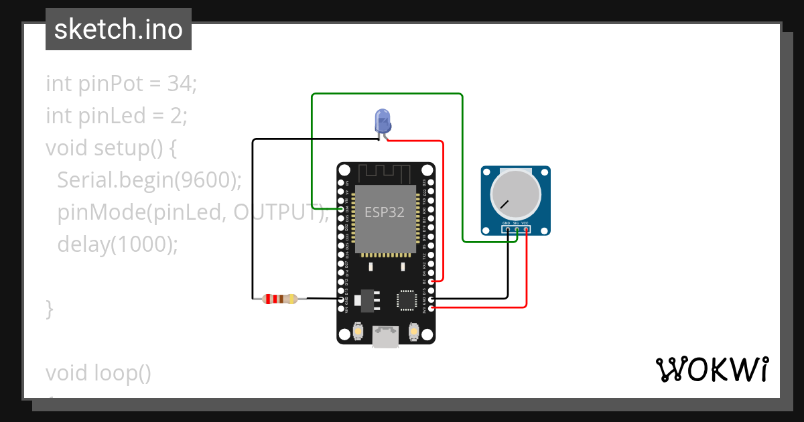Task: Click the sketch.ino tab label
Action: coord(119,29)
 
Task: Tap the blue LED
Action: coord(383,121)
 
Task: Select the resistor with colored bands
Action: coord(280,299)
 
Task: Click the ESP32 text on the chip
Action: coord(385,212)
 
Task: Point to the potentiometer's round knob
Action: coord(515,194)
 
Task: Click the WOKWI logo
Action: coord(712,369)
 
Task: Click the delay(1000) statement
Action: coord(118,244)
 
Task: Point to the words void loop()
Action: coord(98,373)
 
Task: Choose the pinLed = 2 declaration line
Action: coord(117,116)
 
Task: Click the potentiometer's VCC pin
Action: coord(526,230)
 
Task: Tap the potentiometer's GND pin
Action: coord(507,230)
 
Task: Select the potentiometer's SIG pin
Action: coord(517,230)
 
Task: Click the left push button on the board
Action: coord(358,331)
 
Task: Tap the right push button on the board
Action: coord(413,331)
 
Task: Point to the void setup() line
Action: coord(111,148)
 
